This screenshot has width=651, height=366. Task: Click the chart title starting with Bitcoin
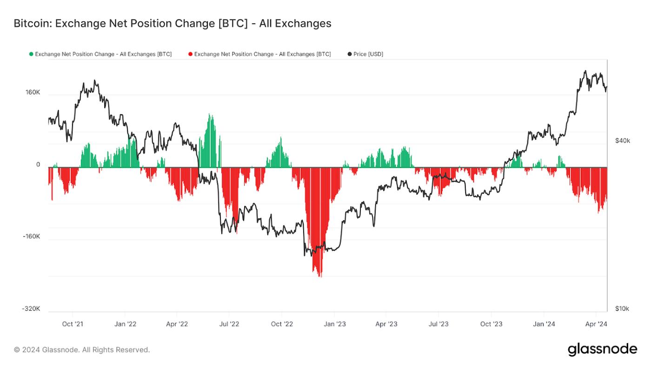[x=172, y=23]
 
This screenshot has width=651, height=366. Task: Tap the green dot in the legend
[x=31, y=54]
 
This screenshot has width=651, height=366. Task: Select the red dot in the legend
[x=190, y=54]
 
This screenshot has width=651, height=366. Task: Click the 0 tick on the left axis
[x=38, y=165]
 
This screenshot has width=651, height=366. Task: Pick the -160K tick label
[x=32, y=236]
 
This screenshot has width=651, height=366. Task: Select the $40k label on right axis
[x=622, y=140]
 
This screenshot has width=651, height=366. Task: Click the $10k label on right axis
[x=622, y=309]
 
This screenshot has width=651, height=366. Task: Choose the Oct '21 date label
[x=73, y=324]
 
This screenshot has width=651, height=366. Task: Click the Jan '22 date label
[x=126, y=324]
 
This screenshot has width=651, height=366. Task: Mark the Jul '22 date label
[x=229, y=324]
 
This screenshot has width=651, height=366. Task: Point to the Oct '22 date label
[x=282, y=324]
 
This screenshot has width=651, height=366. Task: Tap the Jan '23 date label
[x=334, y=324]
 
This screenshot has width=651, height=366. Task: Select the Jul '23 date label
[x=438, y=324]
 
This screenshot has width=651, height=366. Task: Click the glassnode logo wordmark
[x=602, y=349]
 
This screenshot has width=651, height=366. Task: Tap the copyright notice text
[x=82, y=350]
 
